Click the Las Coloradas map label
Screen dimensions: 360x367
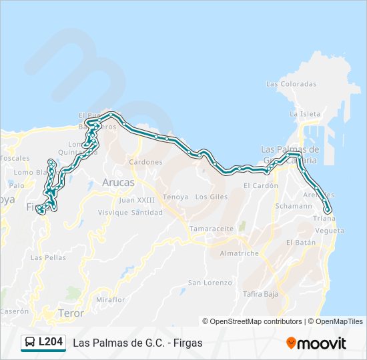coord(291,84)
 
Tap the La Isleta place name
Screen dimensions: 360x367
coord(305,114)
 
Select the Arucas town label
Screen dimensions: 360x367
coord(118,182)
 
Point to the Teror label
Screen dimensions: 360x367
coord(71,312)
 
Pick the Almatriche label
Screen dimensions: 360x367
coord(239,253)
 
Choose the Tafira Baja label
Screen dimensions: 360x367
coord(260,293)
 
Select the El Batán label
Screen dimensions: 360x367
coord(301,243)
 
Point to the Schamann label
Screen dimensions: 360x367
coord(294,206)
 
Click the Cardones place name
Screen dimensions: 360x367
coord(145,162)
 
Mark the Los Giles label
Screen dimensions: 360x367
coord(212,197)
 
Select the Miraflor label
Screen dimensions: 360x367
coord(110,299)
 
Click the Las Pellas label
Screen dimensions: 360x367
coord(48,257)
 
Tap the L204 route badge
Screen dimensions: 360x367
coord(43,343)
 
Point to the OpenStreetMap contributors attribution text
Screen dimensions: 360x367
coord(252,321)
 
